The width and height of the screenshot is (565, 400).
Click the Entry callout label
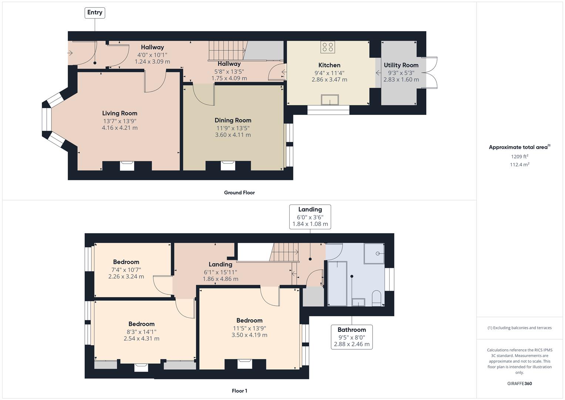coord(95,13)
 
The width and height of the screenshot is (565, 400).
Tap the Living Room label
coord(120,113)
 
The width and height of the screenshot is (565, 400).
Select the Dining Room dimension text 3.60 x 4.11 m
coord(233,135)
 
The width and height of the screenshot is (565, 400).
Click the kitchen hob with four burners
coord(327,47)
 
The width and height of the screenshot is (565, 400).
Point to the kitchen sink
coord(330,100)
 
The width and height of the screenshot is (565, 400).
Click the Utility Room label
coord(401,65)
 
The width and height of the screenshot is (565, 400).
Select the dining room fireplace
coord(228,166)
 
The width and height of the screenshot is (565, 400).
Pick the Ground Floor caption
coord(239,193)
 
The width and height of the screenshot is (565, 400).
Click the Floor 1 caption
coord(239,391)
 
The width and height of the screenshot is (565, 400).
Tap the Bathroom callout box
coord(352,337)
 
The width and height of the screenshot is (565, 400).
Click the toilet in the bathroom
coord(376,299)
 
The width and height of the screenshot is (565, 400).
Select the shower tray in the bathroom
coord(374,253)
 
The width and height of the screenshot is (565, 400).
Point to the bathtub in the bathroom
coord(337,284)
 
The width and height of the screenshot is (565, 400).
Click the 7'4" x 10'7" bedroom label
coord(126,262)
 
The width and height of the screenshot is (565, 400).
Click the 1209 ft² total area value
coord(519,157)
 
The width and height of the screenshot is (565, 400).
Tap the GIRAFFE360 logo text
coord(519,383)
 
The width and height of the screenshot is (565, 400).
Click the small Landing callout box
coord(310,217)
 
